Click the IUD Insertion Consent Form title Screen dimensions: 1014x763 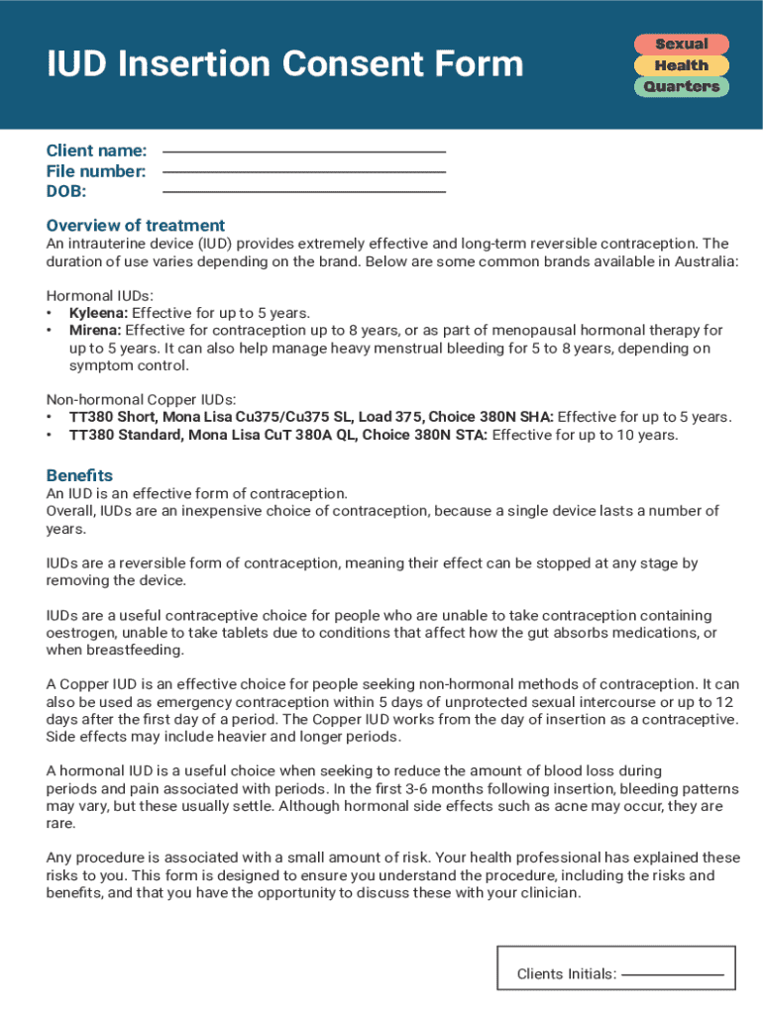coord(285,64)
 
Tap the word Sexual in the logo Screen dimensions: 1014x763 coord(681,45)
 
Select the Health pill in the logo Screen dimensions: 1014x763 coord(681,65)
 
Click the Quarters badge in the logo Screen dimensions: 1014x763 coord(681,87)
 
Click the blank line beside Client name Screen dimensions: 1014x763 coord(303,152)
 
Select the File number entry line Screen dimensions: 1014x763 coord(303,172)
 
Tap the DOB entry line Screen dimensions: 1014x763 coord(303,191)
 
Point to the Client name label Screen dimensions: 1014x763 coord(96,151)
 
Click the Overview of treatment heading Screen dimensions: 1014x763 coord(136,225)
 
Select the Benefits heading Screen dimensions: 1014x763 coord(79,475)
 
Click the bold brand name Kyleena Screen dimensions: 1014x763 coord(95,313)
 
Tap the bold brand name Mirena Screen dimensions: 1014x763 coord(95,331)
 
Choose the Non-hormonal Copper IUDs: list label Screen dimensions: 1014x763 coord(142,399)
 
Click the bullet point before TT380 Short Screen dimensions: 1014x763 coord(50,417)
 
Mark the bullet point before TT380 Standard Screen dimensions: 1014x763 coord(50,435)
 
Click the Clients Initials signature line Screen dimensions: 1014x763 coord(672,974)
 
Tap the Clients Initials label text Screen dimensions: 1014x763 coord(566,974)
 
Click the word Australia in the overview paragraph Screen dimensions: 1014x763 coord(705,261)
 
